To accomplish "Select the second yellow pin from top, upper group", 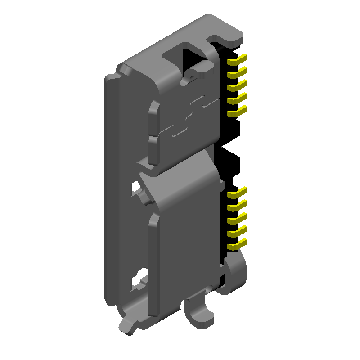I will [237, 72].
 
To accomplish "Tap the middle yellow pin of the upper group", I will [237, 85].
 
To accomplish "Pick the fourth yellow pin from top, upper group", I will [237, 98].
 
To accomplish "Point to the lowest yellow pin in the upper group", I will [237, 111].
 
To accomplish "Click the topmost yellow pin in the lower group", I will [237, 193].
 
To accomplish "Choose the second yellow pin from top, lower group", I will [237, 206].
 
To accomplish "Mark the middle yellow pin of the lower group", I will [237, 219].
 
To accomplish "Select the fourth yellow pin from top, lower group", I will [237, 232].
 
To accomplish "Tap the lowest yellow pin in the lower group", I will [237, 245].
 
